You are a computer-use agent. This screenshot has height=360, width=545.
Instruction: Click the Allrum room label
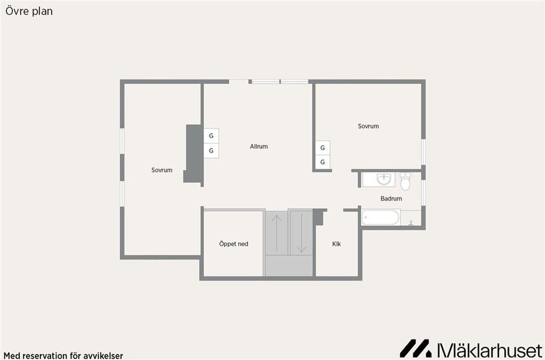(259, 146)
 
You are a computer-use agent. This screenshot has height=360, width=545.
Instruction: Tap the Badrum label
(391, 199)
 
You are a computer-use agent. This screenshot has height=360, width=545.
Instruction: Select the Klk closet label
(337, 244)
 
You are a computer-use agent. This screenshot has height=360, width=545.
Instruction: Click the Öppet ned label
(233, 244)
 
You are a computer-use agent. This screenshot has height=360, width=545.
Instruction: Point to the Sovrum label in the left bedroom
(162, 170)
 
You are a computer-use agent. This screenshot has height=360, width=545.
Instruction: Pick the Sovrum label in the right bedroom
(368, 126)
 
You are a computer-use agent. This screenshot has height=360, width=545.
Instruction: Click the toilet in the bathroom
(405, 181)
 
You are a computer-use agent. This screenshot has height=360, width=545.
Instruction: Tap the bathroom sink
(384, 179)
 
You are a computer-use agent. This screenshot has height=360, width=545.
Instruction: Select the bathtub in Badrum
(380, 217)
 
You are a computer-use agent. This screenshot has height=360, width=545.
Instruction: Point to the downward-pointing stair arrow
(301, 233)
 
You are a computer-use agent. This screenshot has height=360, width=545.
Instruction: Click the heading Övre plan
(29, 11)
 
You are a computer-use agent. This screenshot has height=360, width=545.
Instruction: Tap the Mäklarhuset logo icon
(415, 348)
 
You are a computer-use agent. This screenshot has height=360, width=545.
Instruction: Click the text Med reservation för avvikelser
(63, 356)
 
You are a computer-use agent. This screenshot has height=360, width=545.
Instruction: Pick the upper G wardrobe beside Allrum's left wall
(211, 136)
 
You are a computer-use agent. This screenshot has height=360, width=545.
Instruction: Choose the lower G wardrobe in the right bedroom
(322, 162)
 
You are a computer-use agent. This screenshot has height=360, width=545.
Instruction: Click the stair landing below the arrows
(289, 266)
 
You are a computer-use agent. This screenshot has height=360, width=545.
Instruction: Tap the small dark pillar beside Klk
(318, 217)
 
